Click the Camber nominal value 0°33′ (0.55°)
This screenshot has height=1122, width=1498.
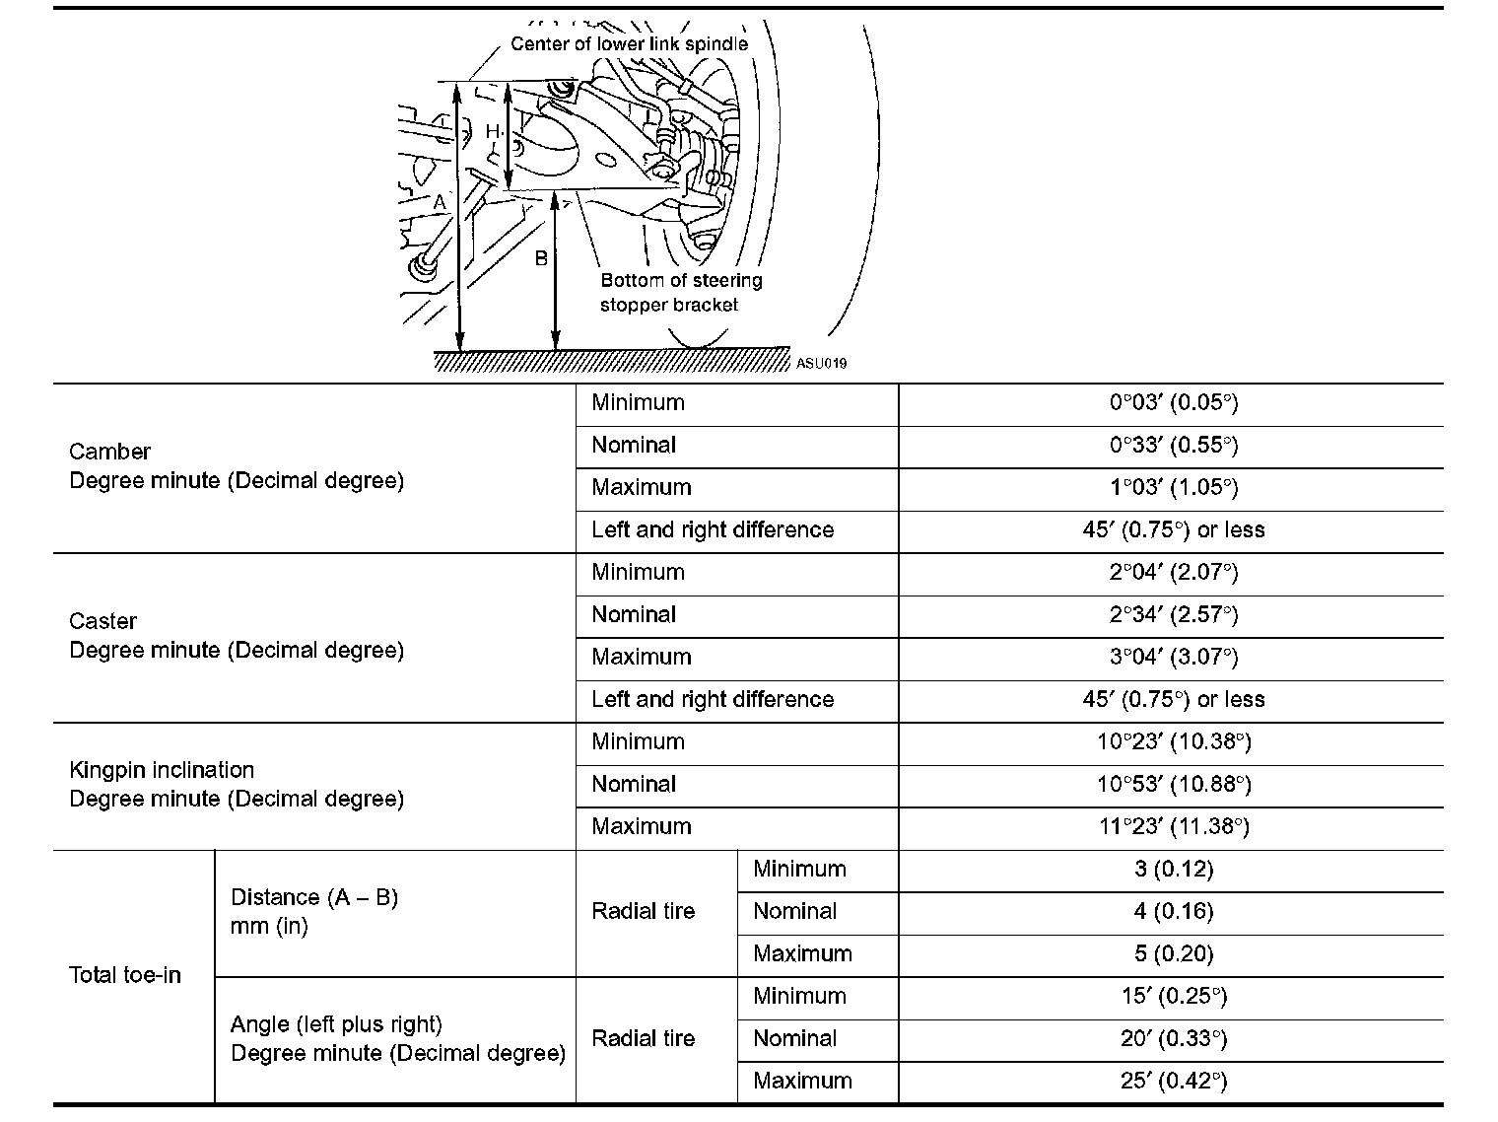(x=1173, y=446)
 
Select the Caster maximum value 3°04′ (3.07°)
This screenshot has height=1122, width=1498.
(x=1173, y=658)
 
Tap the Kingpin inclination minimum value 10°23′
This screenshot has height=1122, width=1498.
(x=1173, y=742)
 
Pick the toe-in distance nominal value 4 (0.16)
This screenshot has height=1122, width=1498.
(x=1173, y=912)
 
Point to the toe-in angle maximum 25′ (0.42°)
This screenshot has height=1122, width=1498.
(x=1173, y=1082)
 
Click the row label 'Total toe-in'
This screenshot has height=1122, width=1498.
(x=125, y=975)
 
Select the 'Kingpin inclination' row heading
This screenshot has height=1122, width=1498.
(x=162, y=770)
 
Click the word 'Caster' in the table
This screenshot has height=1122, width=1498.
(x=102, y=621)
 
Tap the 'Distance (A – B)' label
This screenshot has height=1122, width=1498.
(x=313, y=898)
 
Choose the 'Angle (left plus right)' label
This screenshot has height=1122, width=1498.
(x=336, y=1024)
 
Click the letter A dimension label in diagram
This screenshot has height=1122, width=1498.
(x=440, y=202)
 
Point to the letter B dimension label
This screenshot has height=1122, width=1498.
(x=541, y=258)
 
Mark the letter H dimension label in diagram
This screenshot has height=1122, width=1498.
(x=493, y=132)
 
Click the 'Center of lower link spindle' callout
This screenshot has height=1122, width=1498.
(x=629, y=44)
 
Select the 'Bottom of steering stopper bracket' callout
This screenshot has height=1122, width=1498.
(x=680, y=293)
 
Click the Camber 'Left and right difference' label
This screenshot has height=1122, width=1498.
(x=713, y=530)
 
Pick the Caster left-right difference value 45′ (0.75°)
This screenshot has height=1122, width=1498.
(x=1173, y=700)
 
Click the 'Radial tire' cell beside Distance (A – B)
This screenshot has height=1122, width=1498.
(x=643, y=912)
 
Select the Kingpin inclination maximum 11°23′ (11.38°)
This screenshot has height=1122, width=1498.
(x=1173, y=827)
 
